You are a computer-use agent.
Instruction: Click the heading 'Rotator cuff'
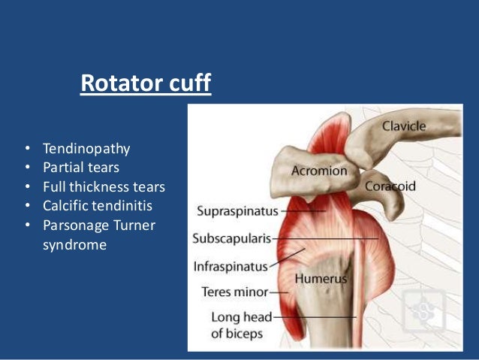point(146,84)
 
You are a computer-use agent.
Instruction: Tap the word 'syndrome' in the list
point(75,245)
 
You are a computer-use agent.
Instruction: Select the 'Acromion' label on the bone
point(320,171)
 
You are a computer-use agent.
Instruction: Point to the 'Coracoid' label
point(390,186)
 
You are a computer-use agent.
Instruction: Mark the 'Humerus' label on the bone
point(321,279)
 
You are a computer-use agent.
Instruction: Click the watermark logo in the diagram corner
point(423,311)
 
